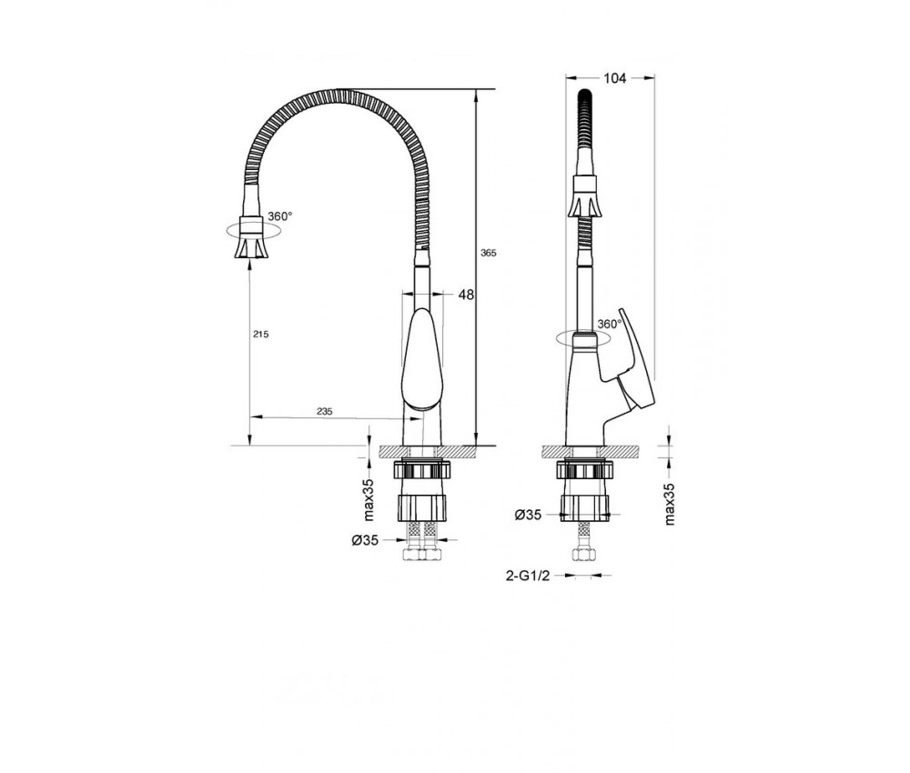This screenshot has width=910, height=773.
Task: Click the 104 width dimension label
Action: pos(614,78)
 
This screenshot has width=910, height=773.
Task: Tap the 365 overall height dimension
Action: pos(489,254)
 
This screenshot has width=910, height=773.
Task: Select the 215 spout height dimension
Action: pos(261,335)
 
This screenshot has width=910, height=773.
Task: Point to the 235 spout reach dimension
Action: pos(325,411)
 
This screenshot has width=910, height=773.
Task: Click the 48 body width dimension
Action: pos(466,295)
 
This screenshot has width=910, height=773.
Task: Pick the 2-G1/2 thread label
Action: pos(528,576)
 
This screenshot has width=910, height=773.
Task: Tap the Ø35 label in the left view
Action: pos(365,540)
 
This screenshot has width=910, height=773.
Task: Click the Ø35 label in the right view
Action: pos(528,515)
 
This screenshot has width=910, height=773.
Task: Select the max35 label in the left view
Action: pos(369,500)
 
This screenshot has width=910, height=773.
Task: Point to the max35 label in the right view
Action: pos(671,505)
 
